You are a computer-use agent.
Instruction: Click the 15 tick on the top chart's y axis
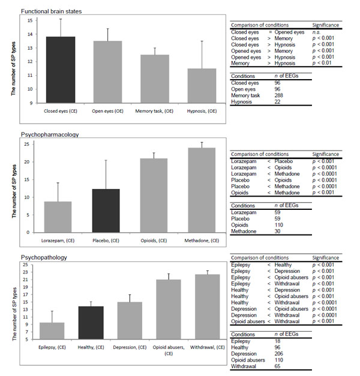pos(31,21)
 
